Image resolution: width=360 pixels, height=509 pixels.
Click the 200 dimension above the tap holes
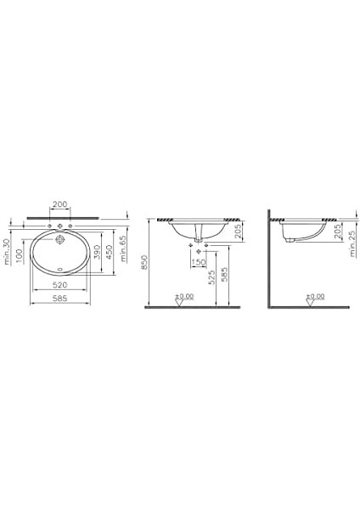(60, 204)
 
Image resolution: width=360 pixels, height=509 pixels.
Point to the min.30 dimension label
(7, 252)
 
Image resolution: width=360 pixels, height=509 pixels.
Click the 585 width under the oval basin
(60, 299)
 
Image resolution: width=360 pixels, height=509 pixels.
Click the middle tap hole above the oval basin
(60, 225)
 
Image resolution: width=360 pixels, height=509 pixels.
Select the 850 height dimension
(147, 264)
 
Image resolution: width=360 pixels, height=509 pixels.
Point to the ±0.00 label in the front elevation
(185, 296)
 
